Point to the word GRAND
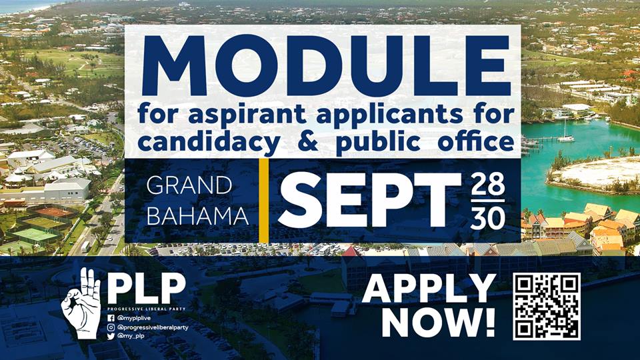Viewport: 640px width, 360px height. click(189, 186)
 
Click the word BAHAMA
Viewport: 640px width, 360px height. click(197, 215)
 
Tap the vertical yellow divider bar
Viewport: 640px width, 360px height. click(264, 201)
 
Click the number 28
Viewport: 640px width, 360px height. click(488, 185)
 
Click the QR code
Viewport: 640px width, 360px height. click(547, 307)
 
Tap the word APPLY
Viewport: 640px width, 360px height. click(429, 288)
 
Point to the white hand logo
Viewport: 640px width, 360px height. click(82, 303)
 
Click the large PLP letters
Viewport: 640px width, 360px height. click(147, 288)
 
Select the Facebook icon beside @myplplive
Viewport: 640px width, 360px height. click(111, 318)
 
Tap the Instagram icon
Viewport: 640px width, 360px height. click(111, 327)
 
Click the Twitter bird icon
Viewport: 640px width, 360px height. click(111, 336)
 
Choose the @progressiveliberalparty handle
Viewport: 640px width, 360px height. click(153, 327)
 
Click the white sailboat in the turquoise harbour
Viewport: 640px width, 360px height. click(565, 133)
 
